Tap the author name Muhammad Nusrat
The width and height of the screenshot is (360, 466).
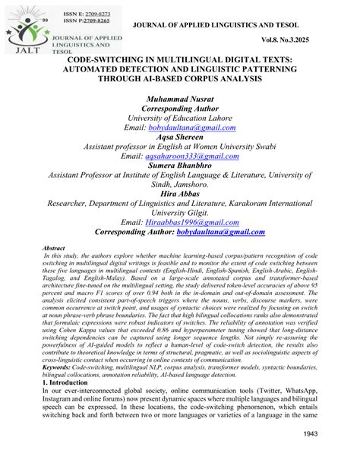click(x=180, y=100)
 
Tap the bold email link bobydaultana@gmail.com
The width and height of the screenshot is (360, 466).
click(x=220, y=232)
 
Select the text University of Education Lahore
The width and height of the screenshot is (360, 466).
click(x=180, y=118)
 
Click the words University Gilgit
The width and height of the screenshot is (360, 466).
click(x=180, y=213)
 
